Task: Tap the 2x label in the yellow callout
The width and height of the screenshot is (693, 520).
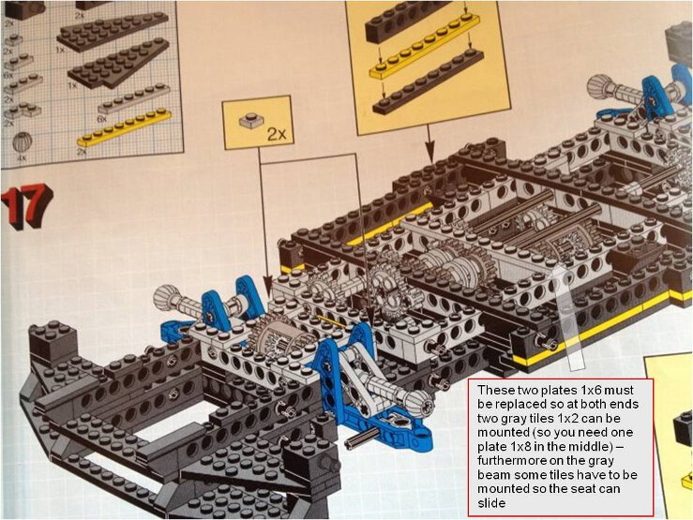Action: click(276, 134)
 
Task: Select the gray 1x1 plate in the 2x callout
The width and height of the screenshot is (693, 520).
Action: click(249, 122)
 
